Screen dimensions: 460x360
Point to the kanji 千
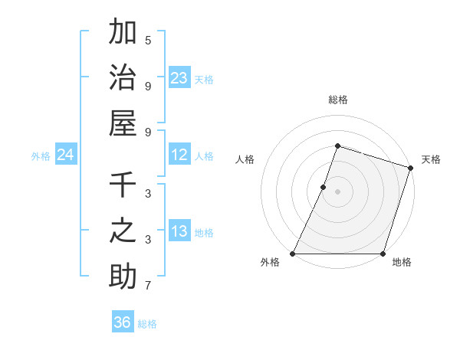[x=123, y=185]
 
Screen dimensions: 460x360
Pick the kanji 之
[x=123, y=231]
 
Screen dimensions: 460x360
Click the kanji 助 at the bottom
[x=123, y=277]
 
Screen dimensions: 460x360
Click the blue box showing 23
[x=179, y=78]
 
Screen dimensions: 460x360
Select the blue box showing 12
[x=179, y=155]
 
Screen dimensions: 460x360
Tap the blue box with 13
[x=179, y=232]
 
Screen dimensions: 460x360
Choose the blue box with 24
[x=65, y=155]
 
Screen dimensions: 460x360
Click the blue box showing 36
[x=123, y=322]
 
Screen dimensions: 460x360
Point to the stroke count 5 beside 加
[x=148, y=40]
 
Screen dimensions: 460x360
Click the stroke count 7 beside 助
[x=148, y=286]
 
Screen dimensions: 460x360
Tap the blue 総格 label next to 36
[x=147, y=324]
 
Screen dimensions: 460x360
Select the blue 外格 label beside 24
[x=41, y=156]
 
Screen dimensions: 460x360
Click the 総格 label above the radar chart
[x=337, y=100]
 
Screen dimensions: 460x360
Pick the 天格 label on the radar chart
[x=431, y=159]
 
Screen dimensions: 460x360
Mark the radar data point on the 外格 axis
[x=293, y=254]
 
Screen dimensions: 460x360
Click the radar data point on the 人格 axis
[x=324, y=187]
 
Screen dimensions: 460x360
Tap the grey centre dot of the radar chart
[x=337, y=191]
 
